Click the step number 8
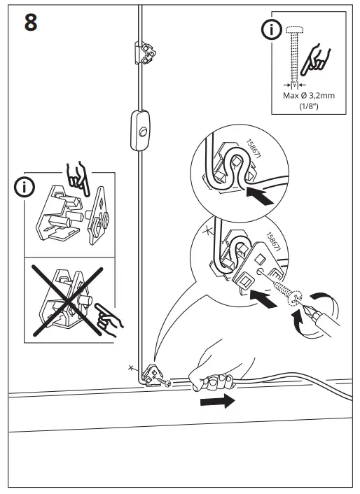tap(31, 22)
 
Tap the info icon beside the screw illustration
tap(268, 30)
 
